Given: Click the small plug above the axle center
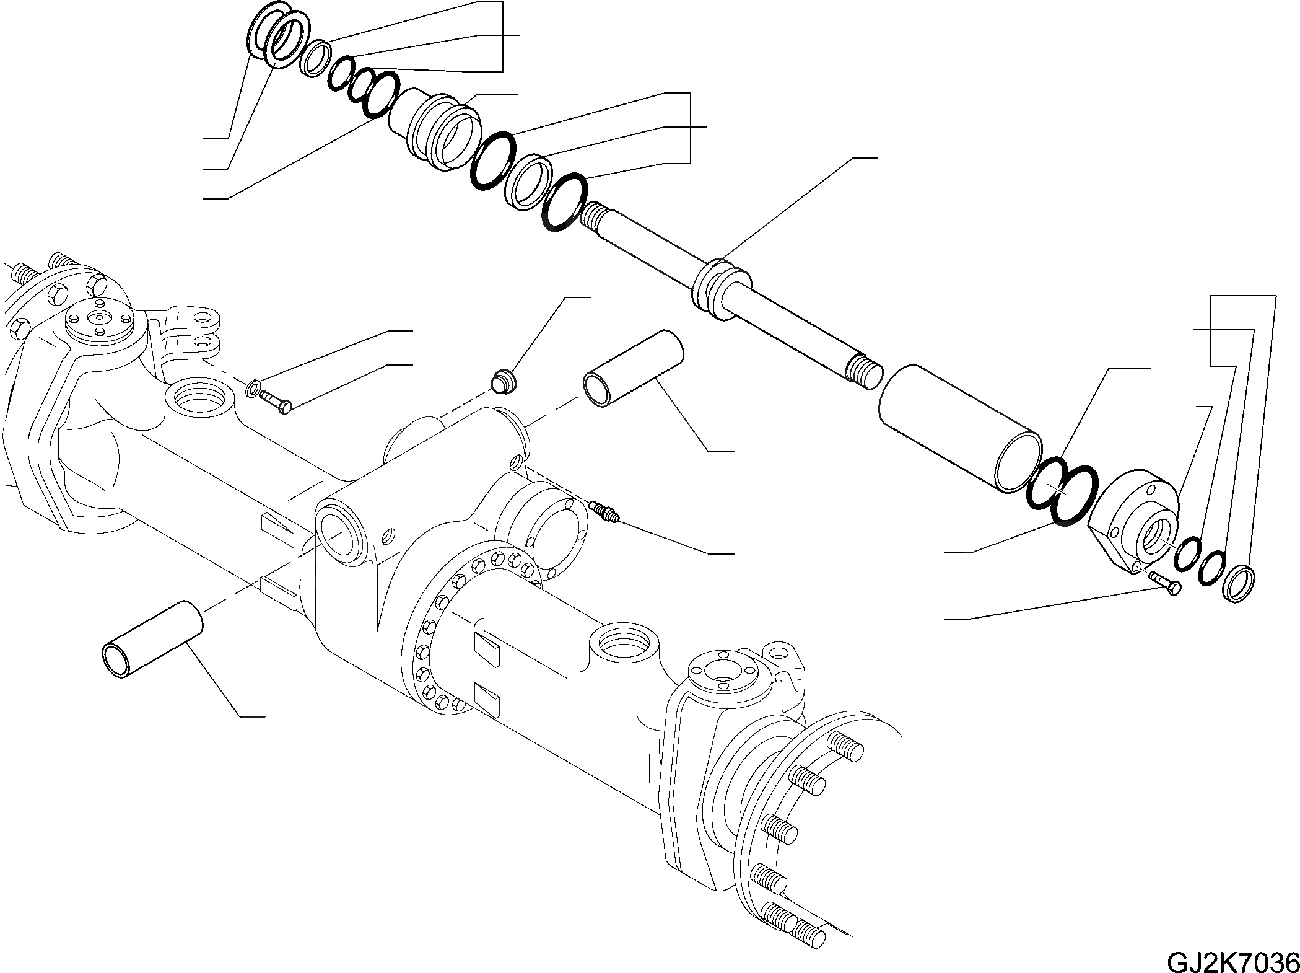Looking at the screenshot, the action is coord(504,379).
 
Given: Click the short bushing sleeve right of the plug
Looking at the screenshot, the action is coord(632,369).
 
